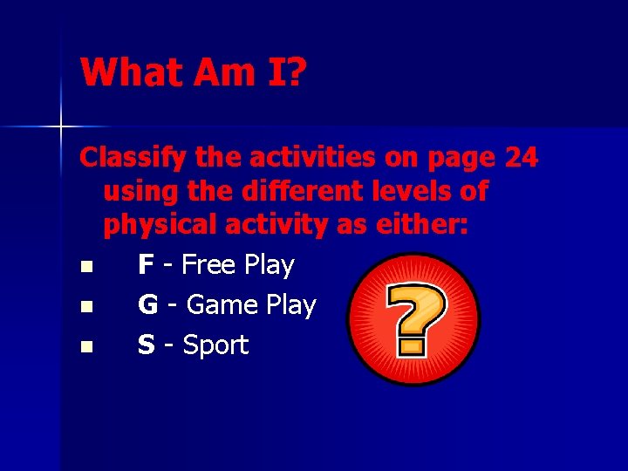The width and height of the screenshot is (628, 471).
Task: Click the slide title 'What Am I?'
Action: point(193,72)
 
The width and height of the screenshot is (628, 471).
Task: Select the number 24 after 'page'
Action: point(521,158)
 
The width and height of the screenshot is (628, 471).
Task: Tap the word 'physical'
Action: point(159,224)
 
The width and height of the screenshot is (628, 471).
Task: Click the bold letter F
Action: point(147,264)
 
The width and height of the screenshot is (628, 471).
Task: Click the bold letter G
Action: point(148,304)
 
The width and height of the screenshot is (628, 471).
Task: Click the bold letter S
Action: point(147,345)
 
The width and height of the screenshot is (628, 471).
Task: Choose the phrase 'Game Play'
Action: point(251,304)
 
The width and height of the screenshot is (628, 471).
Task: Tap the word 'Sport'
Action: point(215,345)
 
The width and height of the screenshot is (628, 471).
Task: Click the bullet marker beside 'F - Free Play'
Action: point(84,266)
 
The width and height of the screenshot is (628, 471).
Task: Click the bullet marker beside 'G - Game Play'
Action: point(84,306)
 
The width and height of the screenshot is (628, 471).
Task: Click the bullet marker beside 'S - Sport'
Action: point(84,346)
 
